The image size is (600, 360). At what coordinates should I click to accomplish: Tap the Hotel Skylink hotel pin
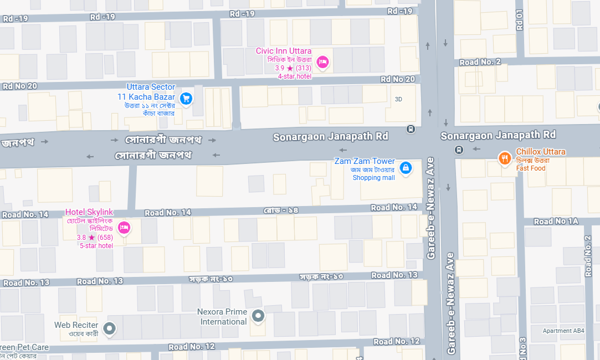(124, 227)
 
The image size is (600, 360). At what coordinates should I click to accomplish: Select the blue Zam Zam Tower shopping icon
(406, 167)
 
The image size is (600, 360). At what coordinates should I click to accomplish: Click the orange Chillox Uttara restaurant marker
(504, 159)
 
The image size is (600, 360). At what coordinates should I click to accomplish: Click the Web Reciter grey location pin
(110, 328)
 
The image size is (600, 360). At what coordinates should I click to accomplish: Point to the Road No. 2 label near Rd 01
(480, 61)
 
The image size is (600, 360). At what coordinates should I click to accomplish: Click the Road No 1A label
(556, 221)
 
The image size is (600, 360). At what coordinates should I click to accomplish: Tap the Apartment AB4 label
(563, 331)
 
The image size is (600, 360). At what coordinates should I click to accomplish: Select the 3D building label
(398, 99)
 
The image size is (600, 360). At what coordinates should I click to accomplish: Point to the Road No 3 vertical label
(522, 347)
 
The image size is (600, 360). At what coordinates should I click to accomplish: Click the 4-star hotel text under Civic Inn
(295, 76)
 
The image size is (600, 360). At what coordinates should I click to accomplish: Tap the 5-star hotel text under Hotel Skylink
(96, 245)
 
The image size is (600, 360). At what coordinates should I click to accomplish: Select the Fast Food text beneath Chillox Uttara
(531, 168)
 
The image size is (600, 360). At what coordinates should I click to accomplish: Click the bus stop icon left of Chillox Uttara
(459, 150)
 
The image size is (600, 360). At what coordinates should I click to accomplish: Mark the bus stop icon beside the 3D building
(411, 129)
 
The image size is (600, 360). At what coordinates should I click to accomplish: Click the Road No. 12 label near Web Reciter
(192, 347)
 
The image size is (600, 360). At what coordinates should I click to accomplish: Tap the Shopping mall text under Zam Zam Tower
(374, 178)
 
